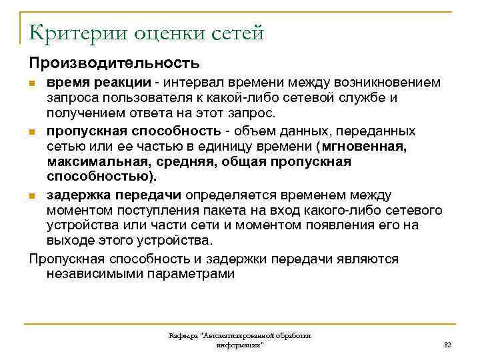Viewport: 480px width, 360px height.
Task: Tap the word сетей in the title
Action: [236, 31]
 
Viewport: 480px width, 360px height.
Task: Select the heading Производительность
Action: [113, 63]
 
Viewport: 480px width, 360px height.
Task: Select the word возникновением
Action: [385, 83]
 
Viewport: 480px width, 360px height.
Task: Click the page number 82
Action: [447, 344]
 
